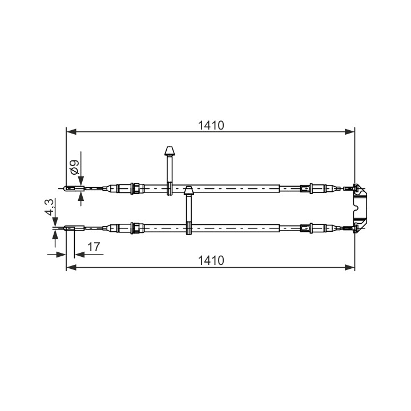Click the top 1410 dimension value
pyautogui.click(x=211, y=126)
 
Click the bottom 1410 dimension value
pyautogui.click(x=211, y=260)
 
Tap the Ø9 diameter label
pyautogui.click(x=75, y=167)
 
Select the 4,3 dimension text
pyautogui.click(x=49, y=207)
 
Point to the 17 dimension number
pyautogui.click(x=94, y=247)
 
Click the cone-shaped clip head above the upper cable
pyautogui.click(x=170, y=151)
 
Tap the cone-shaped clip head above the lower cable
pyautogui.click(x=188, y=191)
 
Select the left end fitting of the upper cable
pyautogui.click(x=74, y=188)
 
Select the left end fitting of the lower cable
pyautogui.click(x=74, y=228)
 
